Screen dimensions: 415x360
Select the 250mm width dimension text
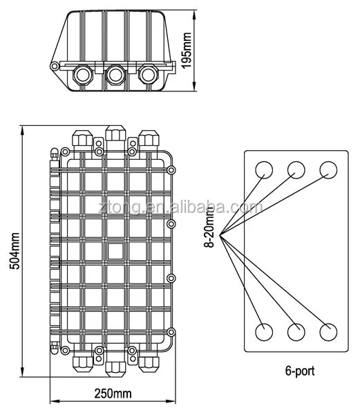(113, 394)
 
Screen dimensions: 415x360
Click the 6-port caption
(299, 371)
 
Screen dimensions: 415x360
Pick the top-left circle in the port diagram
(264, 169)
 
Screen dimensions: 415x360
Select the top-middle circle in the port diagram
(296, 169)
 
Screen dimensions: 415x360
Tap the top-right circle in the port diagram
(328, 169)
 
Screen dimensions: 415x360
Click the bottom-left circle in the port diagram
(264, 331)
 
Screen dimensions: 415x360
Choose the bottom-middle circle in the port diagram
(296, 331)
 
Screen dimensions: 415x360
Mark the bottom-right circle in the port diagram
(328, 331)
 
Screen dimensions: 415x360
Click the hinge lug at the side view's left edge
(55, 66)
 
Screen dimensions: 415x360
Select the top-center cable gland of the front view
(115, 138)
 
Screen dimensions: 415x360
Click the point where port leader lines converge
(218, 239)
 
